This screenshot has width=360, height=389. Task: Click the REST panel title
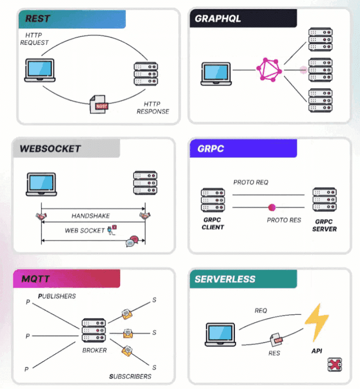[38, 19]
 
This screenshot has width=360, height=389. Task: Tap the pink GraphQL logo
[269, 70]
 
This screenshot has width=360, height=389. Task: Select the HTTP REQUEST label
[34, 39]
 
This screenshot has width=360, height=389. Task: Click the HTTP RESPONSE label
[153, 108]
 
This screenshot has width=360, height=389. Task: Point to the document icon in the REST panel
[98, 104]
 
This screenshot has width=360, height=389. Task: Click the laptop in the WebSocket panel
[41, 184]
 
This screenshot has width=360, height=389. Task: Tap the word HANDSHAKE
[91, 216]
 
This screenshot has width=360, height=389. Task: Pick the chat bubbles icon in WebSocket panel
[132, 241]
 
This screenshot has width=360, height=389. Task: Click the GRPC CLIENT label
[213, 224]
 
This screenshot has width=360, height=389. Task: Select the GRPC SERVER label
[324, 225]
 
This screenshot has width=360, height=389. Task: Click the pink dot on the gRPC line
[272, 207]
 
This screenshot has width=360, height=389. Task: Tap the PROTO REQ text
[251, 182]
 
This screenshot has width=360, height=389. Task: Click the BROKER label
[94, 351]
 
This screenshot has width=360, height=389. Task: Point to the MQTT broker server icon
[94, 330]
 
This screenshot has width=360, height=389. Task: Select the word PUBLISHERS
[57, 296]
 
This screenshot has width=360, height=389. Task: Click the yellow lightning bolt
[316, 323]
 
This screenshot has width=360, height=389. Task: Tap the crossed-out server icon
[335, 364]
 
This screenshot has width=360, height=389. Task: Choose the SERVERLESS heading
[225, 279]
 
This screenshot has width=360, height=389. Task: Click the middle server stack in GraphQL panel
[320, 70]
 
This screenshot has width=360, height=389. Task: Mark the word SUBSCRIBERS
[130, 377]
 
